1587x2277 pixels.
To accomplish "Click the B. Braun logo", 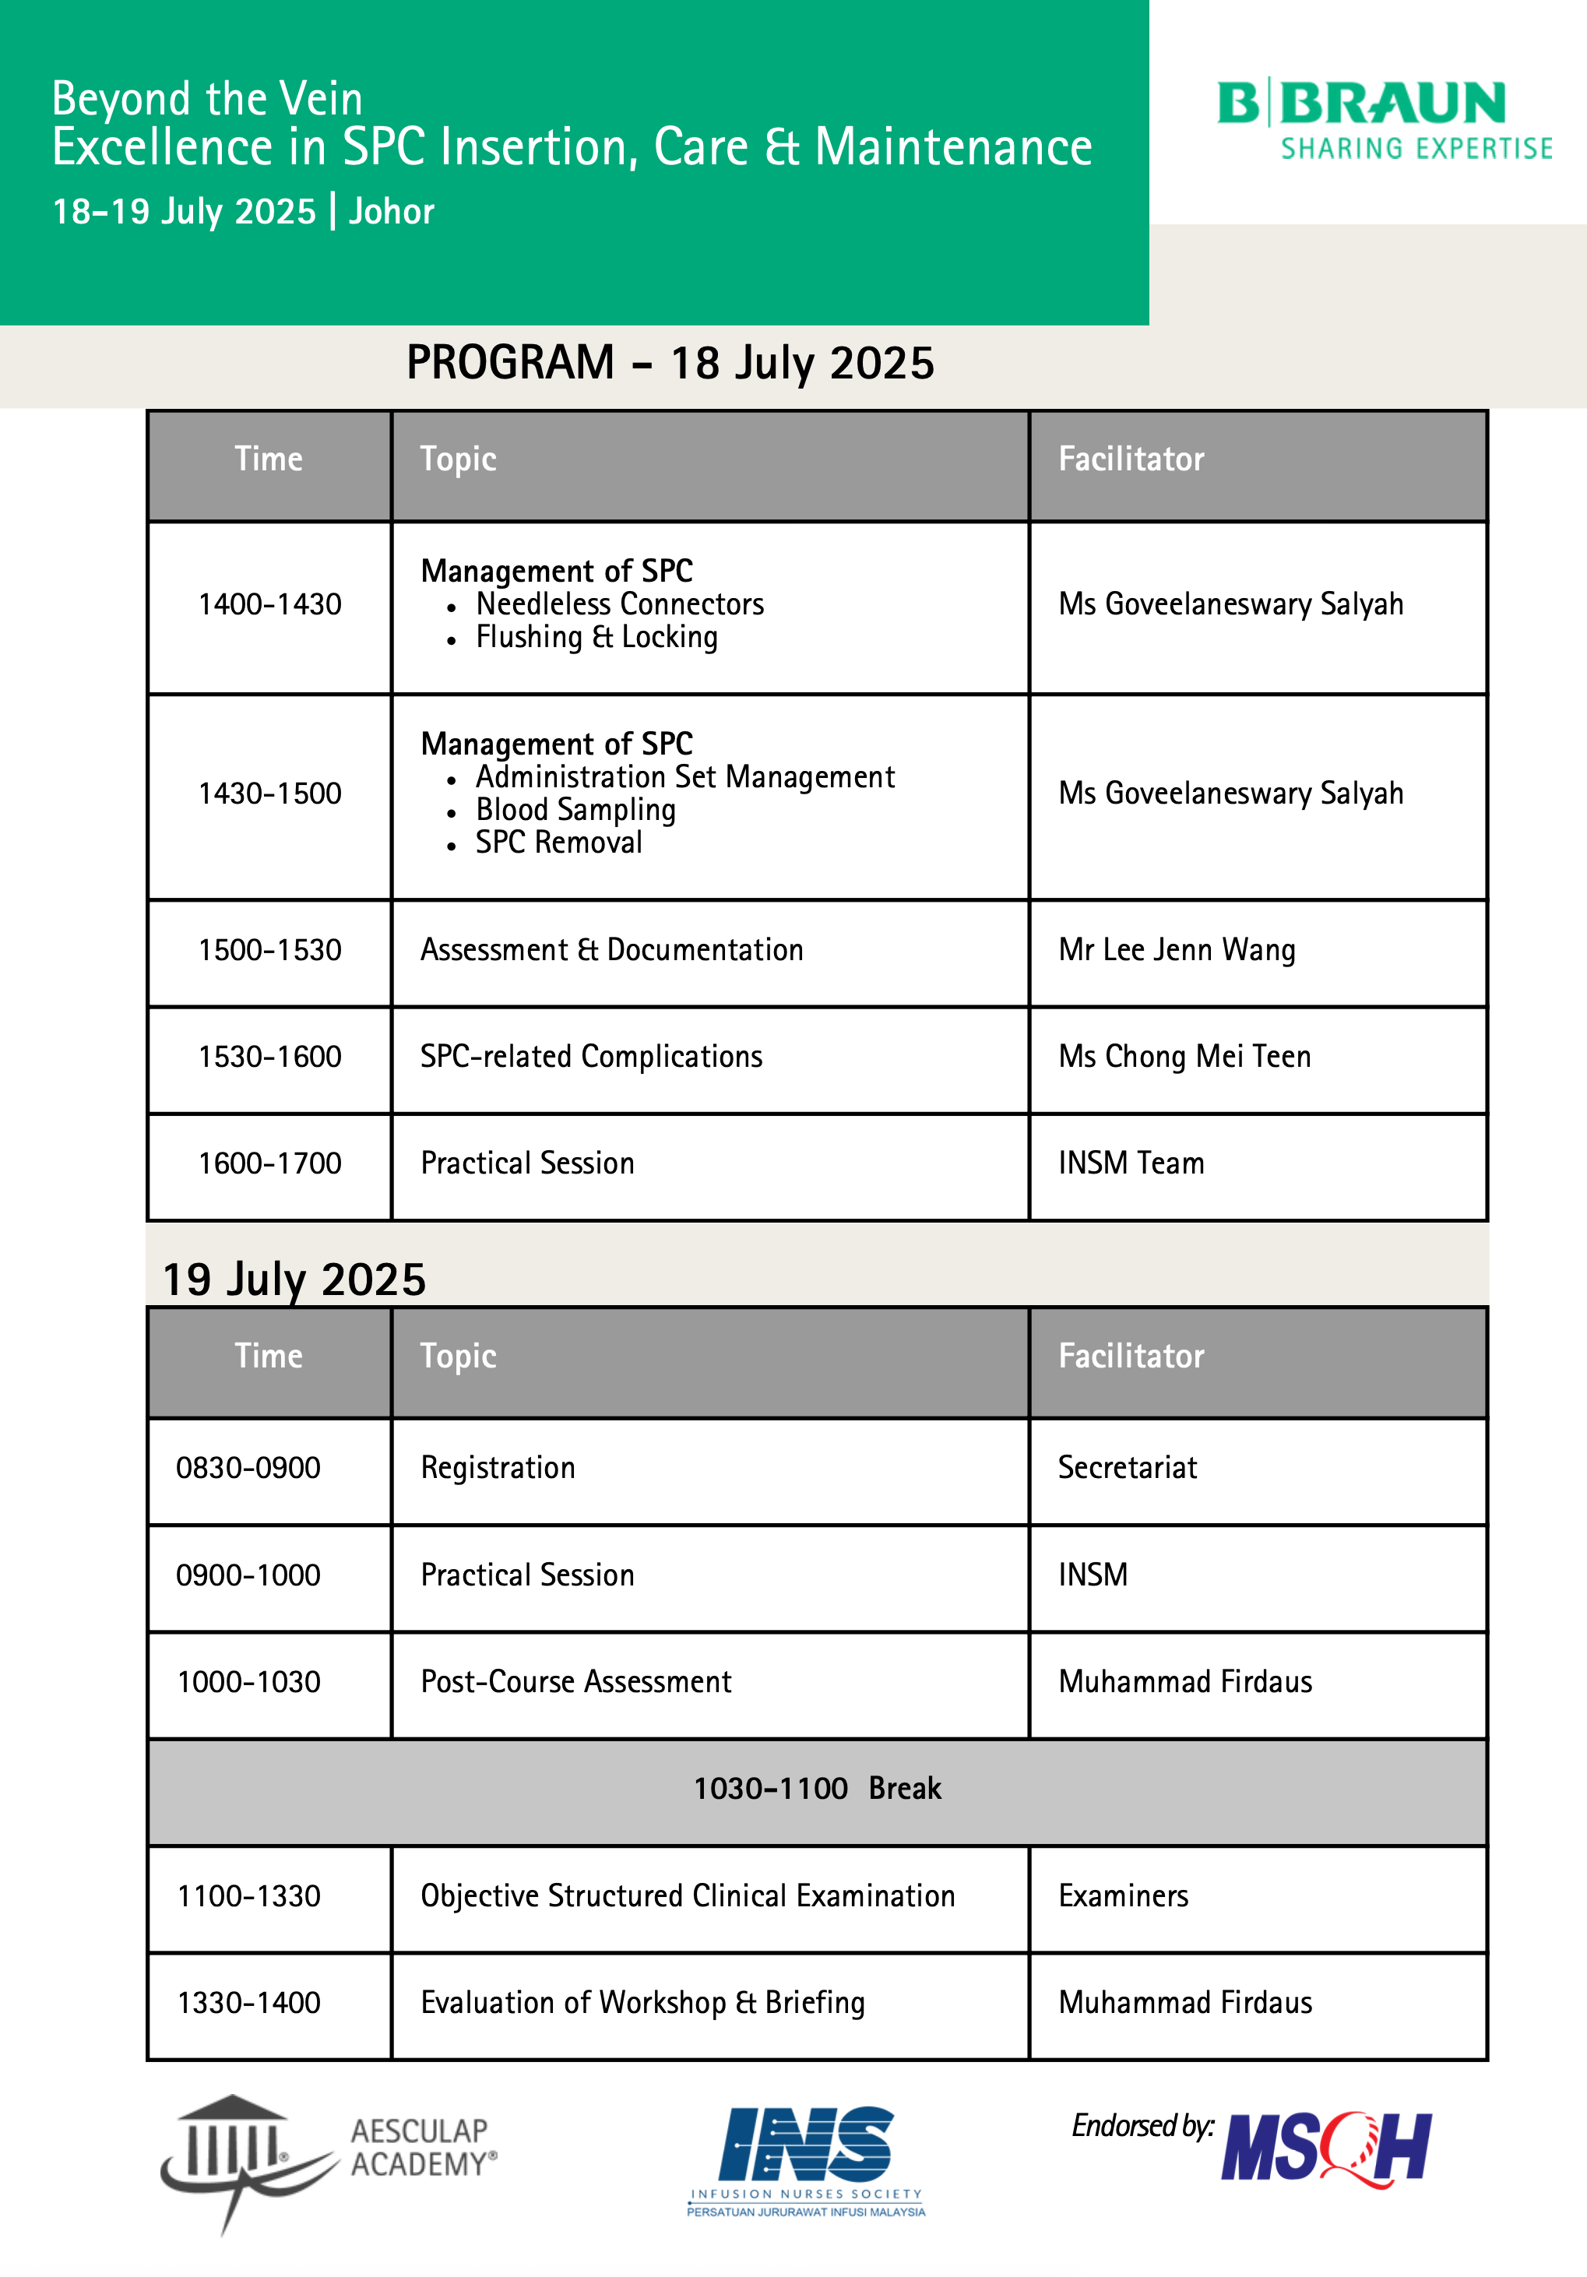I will (1384, 120).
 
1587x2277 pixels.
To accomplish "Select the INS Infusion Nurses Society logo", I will (805, 2160).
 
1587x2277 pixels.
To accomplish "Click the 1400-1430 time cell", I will (269, 605).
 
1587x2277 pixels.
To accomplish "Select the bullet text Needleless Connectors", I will (620, 604).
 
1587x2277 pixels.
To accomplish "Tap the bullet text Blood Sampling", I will (575, 810).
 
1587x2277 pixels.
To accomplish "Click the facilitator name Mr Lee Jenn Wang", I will (1177, 950).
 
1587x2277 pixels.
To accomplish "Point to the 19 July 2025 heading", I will (294, 1279).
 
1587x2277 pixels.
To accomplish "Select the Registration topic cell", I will (498, 1468).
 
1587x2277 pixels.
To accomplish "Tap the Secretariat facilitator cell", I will (1127, 1468).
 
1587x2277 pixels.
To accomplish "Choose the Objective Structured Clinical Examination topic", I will (688, 1896).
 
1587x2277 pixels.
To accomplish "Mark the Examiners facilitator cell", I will (1123, 1896).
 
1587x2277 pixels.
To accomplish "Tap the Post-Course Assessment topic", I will (575, 1682).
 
